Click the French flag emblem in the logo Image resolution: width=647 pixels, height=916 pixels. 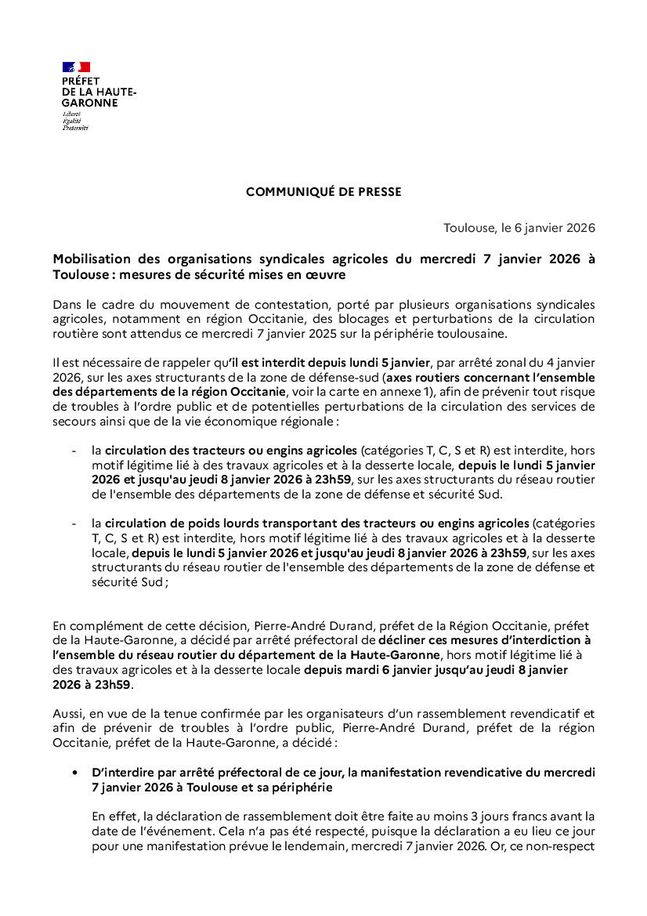[76, 67]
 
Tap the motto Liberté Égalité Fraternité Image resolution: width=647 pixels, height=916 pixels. [75, 121]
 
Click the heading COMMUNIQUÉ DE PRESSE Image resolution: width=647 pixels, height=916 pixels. [323, 192]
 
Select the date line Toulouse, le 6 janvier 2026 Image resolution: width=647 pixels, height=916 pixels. [519, 228]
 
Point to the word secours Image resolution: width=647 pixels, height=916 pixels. [73, 421]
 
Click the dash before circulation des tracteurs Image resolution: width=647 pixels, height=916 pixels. [74, 451]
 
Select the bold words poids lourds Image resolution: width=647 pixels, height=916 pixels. [223, 523]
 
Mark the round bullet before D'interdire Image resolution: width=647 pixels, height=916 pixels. [75, 773]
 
